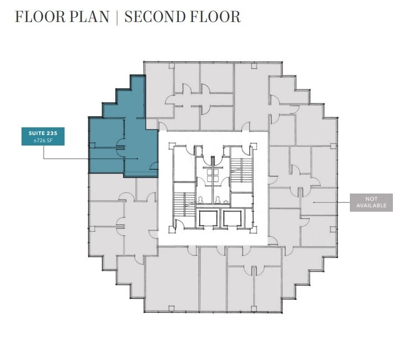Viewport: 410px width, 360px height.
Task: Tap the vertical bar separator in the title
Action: click(x=117, y=17)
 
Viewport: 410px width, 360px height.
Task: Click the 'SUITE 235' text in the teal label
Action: click(x=43, y=133)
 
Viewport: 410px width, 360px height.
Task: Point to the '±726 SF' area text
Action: click(x=43, y=140)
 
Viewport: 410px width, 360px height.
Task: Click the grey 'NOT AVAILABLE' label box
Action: click(x=371, y=202)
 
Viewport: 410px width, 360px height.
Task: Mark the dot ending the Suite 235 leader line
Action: click(x=137, y=159)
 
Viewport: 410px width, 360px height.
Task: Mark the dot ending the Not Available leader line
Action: click(x=313, y=202)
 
